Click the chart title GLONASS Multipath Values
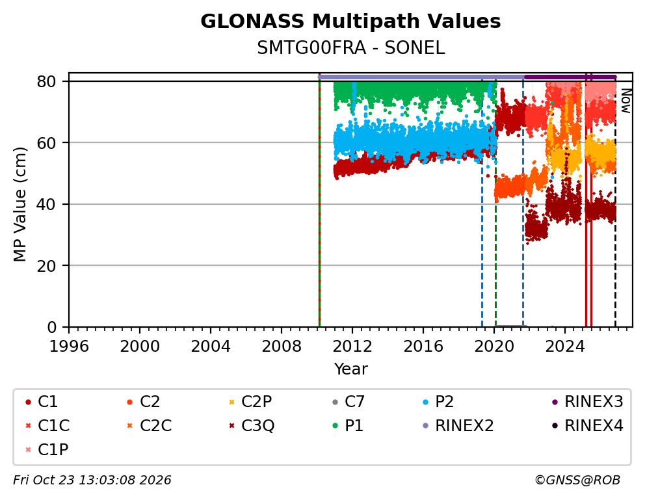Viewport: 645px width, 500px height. [350, 21]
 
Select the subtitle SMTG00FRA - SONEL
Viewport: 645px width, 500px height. [350, 48]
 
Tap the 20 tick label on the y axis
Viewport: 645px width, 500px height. [46, 266]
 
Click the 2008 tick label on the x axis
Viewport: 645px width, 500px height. [282, 346]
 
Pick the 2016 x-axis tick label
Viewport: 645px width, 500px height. [423, 346]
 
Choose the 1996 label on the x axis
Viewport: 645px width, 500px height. [69, 346]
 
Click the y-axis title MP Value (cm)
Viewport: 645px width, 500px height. [20, 204]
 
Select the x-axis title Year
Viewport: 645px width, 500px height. [350, 369]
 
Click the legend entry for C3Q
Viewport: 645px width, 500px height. [252, 426]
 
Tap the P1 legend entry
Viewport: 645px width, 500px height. [349, 426]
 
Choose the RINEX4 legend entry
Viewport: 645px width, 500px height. [588, 426]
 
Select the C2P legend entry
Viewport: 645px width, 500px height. [250, 401]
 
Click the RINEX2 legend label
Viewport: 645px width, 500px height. [458, 426]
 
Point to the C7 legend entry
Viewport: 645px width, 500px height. [349, 401]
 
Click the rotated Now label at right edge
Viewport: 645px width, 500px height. [625, 101]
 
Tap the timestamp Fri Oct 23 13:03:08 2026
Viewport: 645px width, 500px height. [92, 480]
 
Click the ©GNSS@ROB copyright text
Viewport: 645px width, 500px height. [577, 480]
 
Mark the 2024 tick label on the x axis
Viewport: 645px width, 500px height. [565, 346]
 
